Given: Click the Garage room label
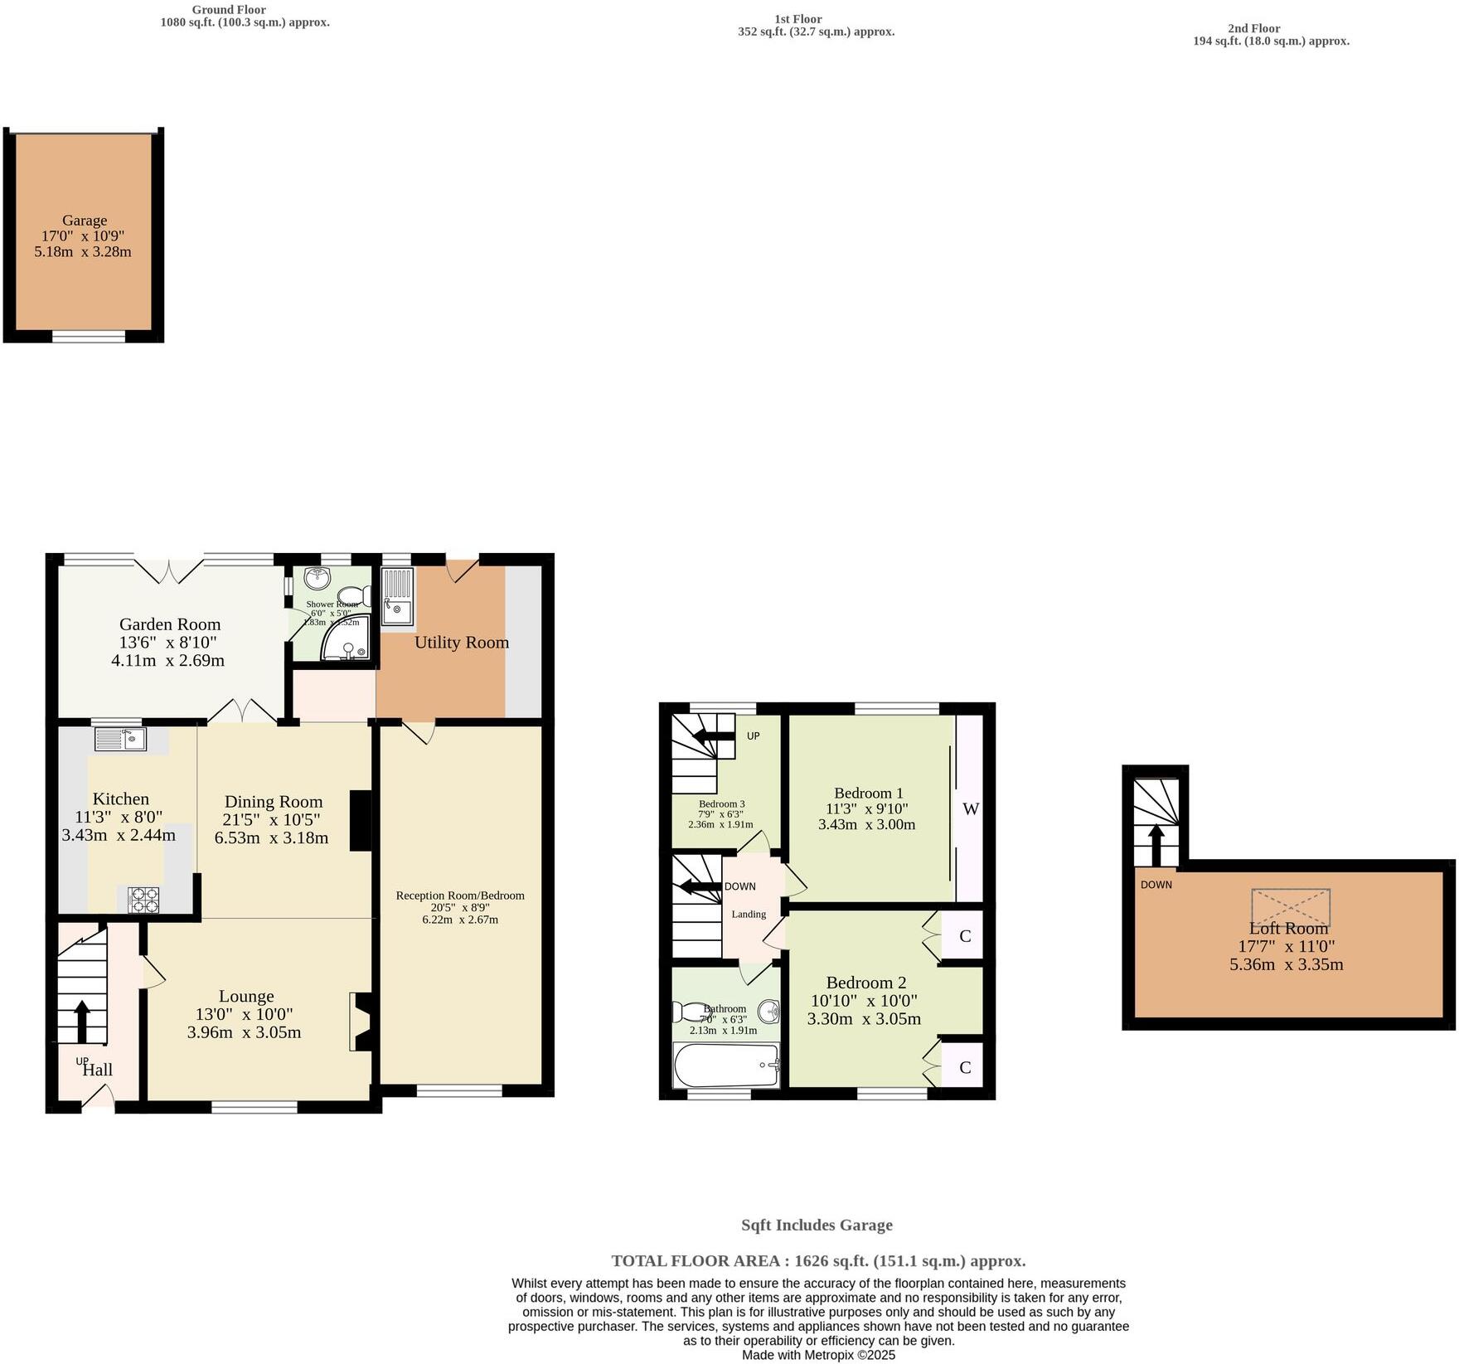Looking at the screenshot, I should (x=84, y=221).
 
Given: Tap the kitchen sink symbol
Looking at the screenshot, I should (x=120, y=739).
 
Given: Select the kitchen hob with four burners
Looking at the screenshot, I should (x=143, y=900).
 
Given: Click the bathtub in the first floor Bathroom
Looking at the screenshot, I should (x=726, y=1065).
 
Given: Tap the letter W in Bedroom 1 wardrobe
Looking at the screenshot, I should (x=970, y=809).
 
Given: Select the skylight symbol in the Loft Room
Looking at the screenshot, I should (x=1290, y=907).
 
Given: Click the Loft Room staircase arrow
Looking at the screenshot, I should (x=1154, y=843).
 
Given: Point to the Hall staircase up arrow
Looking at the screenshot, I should (x=82, y=1022).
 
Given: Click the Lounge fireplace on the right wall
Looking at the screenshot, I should (x=361, y=1022).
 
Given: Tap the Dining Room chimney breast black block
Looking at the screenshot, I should (x=361, y=820).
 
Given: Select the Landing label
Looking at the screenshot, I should (x=748, y=914).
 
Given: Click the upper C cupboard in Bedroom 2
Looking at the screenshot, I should (x=964, y=936).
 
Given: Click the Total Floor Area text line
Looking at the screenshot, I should (x=818, y=1260).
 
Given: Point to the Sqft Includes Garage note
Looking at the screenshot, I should (x=817, y=1225).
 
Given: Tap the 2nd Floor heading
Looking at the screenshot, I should (x=1253, y=28).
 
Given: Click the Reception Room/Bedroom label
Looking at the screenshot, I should (x=460, y=896).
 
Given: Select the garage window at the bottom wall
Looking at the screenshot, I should (x=89, y=336).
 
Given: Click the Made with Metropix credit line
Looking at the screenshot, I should (x=818, y=1355).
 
